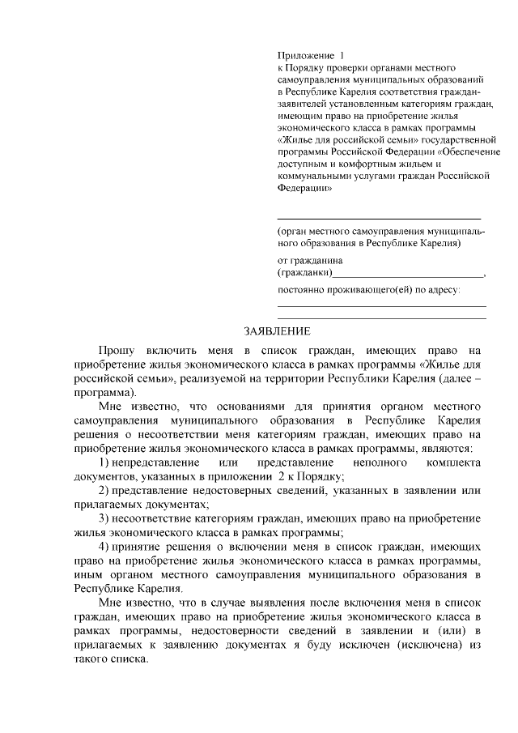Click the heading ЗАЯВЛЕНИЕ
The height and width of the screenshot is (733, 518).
[x=277, y=330]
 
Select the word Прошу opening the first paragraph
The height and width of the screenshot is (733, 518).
[x=117, y=350]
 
